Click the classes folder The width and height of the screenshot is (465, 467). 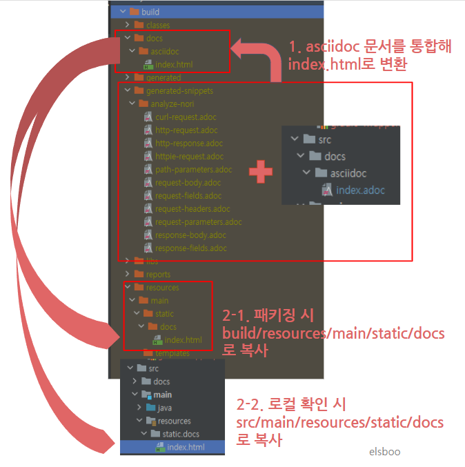[x=157, y=26]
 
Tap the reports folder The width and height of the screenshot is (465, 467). [x=157, y=275]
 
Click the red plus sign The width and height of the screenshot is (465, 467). [x=260, y=172]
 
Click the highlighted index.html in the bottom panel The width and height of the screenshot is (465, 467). [x=185, y=447]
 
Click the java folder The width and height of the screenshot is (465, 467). [x=164, y=408]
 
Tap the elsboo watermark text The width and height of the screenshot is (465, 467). [x=384, y=452]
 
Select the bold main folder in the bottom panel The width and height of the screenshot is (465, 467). [x=161, y=395]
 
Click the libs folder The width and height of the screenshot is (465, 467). [x=152, y=261]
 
